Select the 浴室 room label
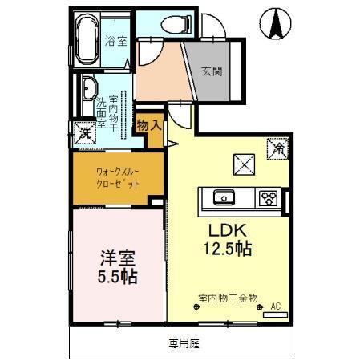click(116, 41)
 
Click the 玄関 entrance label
click(212, 71)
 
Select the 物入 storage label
click(149, 125)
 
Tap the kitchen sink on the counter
click(222, 197)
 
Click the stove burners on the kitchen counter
click(268, 197)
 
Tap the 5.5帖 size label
click(118, 277)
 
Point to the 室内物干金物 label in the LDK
click(228, 298)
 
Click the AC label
click(276, 306)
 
